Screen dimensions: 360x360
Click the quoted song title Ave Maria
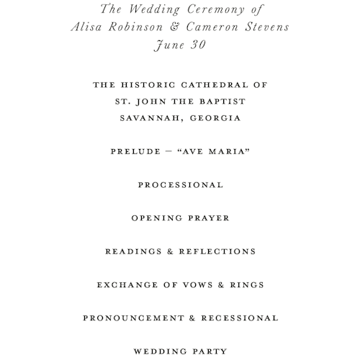(216, 151)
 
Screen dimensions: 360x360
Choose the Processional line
(180, 185)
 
